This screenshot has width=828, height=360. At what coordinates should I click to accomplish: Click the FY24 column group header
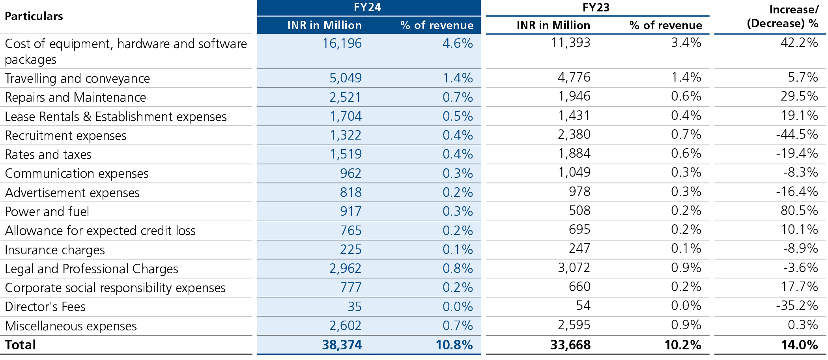(367, 7)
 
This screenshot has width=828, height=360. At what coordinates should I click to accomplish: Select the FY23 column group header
(596, 7)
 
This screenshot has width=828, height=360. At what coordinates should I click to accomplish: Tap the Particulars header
(34, 16)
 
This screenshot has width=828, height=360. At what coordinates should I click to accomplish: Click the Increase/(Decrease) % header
(782, 17)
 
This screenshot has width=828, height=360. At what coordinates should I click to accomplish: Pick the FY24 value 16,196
(342, 43)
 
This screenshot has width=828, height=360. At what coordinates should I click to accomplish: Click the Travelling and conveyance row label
(77, 78)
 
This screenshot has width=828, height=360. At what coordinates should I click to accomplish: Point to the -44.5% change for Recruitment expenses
(796, 134)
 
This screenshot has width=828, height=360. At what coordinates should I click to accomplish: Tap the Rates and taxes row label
(48, 155)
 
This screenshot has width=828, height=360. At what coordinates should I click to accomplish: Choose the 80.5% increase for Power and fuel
(799, 211)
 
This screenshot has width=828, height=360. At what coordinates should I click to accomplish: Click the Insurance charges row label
(55, 250)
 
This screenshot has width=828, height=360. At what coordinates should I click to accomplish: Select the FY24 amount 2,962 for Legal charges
(345, 269)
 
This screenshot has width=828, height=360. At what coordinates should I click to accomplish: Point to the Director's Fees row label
(45, 307)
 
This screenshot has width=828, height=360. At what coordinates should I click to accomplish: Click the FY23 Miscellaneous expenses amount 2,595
(574, 325)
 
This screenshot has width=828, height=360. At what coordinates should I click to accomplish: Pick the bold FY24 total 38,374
(342, 345)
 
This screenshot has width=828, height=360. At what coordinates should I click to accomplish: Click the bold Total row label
(21, 345)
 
